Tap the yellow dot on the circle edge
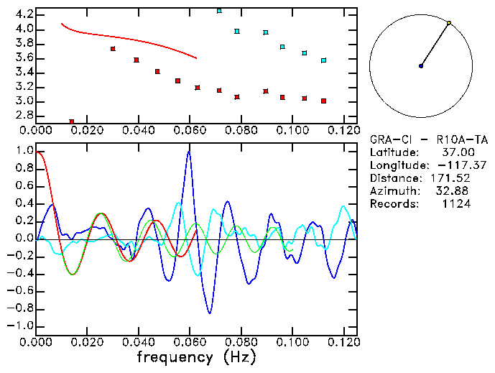pos(449,23)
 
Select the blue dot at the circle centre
pos(421,66)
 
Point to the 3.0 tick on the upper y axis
pos(24,101)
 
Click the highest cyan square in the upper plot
pos(219,11)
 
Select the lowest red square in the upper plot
pos(72,122)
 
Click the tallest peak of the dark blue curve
pos(189,152)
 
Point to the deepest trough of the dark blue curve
pos(210,313)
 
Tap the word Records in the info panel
pos(393,204)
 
